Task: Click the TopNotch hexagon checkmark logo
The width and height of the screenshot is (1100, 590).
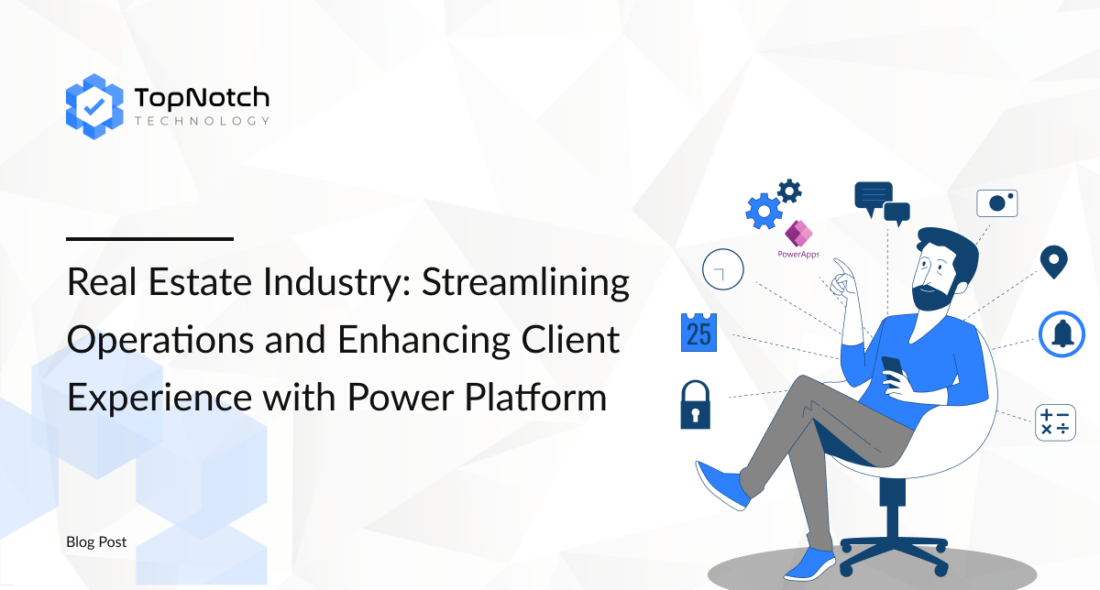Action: pos(94,106)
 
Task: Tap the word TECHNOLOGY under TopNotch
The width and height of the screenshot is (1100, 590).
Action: pos(202,121)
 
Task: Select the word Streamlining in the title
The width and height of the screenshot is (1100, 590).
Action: pos(525,283)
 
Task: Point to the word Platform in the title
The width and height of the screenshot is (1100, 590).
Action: pos(535,397)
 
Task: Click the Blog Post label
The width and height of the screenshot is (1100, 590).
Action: pos(96,541)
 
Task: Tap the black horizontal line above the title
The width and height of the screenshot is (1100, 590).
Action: pos(149,239)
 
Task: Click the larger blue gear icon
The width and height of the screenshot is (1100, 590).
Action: pos(764,212)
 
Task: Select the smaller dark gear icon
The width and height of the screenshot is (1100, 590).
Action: pos(789,191)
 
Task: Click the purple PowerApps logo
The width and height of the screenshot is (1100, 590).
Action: pos(798,239)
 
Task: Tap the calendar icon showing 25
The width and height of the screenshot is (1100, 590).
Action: pos(698,333)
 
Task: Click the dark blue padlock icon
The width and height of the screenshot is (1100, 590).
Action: pos(696,405)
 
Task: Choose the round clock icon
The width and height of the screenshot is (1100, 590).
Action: pos(723,269)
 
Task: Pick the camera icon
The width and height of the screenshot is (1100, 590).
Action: pos(997,202)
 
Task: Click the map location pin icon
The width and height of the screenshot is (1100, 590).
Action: pos(1054,262)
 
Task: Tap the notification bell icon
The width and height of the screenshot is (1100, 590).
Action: pos(1061,334)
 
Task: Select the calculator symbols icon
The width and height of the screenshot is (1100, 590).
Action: pos(1055,422)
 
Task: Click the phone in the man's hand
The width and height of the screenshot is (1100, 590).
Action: pos(892,367)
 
